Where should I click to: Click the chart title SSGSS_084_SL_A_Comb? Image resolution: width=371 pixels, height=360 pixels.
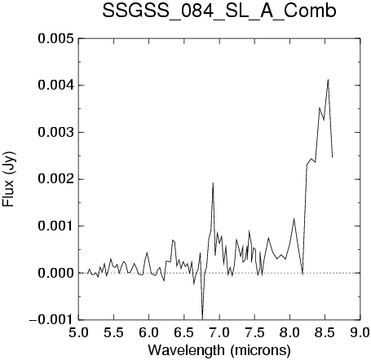(x=219, y=12)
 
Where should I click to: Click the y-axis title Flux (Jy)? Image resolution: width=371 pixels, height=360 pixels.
(x=9, y=179)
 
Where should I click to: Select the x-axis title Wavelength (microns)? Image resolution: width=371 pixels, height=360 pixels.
(x=219, y=350)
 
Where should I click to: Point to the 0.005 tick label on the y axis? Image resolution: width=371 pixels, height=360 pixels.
(x=55, y=38)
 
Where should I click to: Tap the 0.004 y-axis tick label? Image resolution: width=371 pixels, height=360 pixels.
(x=55, y=86)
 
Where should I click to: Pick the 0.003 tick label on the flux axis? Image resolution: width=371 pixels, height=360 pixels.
(x=55, y=133)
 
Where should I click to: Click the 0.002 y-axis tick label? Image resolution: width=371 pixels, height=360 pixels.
(x=55, y=179)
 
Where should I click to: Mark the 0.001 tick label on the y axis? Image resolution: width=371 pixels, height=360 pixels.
(x=55, y=226)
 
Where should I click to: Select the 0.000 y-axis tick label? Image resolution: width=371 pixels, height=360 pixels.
(x=55, y=273)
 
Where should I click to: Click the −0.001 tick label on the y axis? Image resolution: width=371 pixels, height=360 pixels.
(x=51, y=320)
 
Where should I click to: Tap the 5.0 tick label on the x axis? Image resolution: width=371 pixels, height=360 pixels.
(x=78, y=332)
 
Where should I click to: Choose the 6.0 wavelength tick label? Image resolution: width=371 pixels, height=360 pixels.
(x=149, y=332)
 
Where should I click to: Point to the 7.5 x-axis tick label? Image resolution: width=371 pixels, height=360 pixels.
(x=254, y=332)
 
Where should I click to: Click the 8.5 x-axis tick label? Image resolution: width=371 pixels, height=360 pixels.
(x=325, y=332)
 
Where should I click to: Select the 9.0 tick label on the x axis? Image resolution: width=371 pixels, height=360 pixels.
(x=360, y=332)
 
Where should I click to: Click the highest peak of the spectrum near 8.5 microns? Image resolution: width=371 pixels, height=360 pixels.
(x=329, y=80)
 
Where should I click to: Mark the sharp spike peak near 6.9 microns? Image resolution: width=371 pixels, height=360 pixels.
(x=213, y=183)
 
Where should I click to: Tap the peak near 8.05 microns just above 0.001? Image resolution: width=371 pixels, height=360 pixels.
(x=294, y=218)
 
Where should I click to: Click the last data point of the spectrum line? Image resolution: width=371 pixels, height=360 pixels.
(x=333, y=157)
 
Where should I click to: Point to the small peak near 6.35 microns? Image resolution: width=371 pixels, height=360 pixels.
(x=172, y=240)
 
